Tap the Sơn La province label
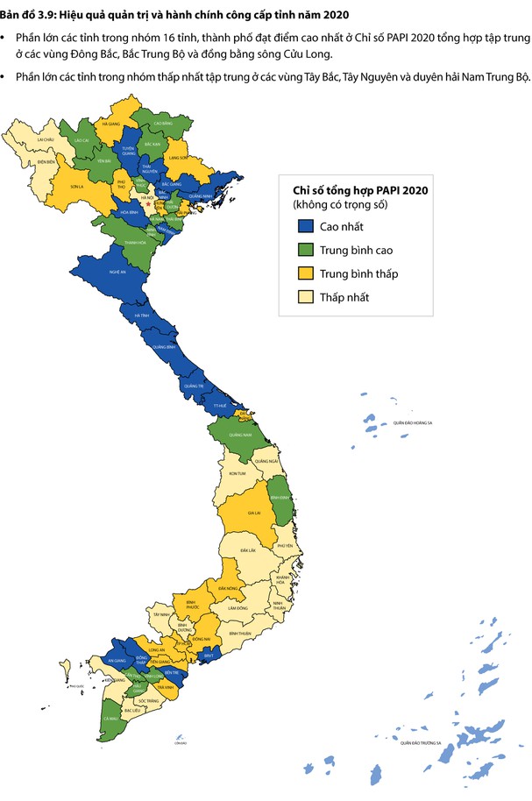pos(77,187)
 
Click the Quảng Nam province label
pos(240,435)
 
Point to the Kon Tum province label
pos(237,473)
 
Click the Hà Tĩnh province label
pos(142,315)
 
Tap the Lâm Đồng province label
pos(236,607)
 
